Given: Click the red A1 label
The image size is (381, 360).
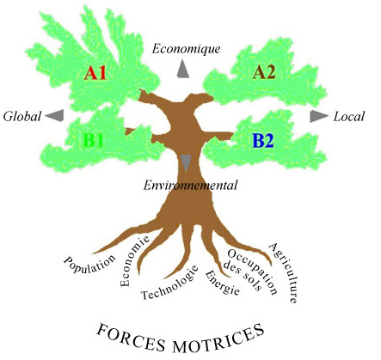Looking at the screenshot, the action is click(x=95, y=73).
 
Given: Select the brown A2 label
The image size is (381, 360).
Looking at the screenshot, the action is click(x=264, y=72).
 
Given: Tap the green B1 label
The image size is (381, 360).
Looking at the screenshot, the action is click(x=93, y=140).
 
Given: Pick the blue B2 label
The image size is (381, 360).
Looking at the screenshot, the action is click(x=263, y=141).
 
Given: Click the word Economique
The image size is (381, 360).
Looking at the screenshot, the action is click(x=187, y=49).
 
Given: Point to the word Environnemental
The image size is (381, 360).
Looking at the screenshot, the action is click(x=190, y=186).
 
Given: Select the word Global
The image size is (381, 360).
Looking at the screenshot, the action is click(x=22, y=117).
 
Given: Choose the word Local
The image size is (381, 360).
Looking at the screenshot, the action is click(x=348, y=117).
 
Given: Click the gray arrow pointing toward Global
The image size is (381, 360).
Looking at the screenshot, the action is click(x=55, y=116).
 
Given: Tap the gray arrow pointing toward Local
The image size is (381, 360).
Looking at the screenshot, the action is click(x=319, y=116).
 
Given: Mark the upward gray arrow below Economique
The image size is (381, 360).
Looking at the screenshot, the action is click(x=183, y=69).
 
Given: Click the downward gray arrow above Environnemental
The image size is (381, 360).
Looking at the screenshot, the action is click(x=186, y=162).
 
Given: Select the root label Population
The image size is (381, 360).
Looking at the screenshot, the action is click(x=89, y=264).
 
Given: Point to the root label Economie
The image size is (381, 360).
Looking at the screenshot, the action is click(x=134, y=261).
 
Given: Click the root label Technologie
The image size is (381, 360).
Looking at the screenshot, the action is click(x=170, y=283).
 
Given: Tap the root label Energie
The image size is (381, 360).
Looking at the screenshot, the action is click(x=222, y=283).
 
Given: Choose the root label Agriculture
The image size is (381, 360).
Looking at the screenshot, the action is click(x=283, y=272).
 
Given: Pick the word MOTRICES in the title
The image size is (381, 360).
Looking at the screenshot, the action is click(x=218, y=339).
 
